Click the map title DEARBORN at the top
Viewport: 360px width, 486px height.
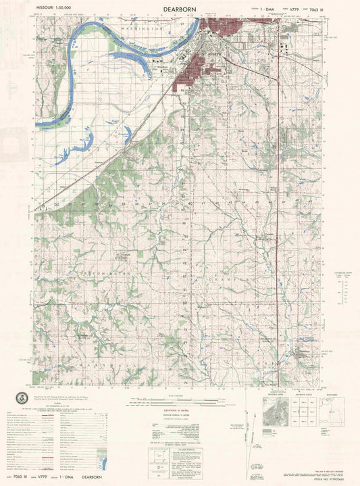[180, 9]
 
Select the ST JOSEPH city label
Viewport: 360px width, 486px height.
[214, 49]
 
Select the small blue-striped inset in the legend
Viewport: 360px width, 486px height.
[18, 458]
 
